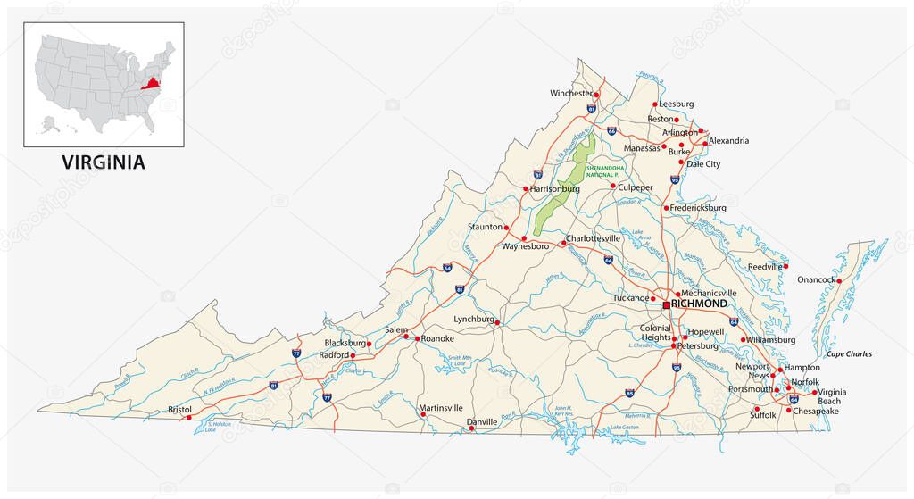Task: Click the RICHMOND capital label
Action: pos(700,304)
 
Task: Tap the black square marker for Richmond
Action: pos(666,305)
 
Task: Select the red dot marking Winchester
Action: pos(597,94)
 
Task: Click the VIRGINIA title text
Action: pos(103,162)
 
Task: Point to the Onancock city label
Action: pos(816,279)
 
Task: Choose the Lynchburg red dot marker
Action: pos(498,323)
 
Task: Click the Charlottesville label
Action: pos(594,238)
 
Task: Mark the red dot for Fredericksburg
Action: pos(666,208)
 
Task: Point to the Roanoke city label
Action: pos(437,338)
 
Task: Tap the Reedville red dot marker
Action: pos(786,266)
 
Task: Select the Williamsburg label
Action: pos(771,339)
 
